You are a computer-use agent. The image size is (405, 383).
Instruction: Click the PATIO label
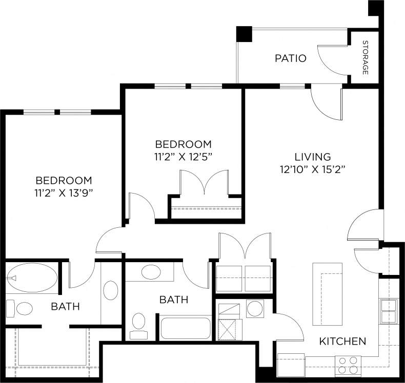click(x=290, y=58)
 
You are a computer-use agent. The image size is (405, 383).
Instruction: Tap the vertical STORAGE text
click(x=366, y=57)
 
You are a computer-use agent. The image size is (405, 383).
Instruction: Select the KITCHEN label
click(x=342, y=341)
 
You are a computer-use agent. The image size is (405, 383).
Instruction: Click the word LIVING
click(x=312, y=157)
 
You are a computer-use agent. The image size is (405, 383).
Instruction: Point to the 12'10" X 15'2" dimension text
click(x=312, y=169)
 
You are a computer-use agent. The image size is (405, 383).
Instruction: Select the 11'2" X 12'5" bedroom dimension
click(x=184, y=156)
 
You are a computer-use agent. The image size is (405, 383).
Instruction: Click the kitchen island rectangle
click(x=327, y=294)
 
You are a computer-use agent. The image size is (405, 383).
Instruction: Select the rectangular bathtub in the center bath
click(x=186, y=328)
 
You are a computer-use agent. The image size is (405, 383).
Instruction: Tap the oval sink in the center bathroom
click(x=150, y=272)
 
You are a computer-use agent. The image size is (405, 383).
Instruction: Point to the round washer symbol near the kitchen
click(x=254, y=309)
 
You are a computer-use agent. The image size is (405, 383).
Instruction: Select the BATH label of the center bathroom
click(x=173, y=300)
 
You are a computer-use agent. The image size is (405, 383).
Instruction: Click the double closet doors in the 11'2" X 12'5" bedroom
click(x=205, y=183)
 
